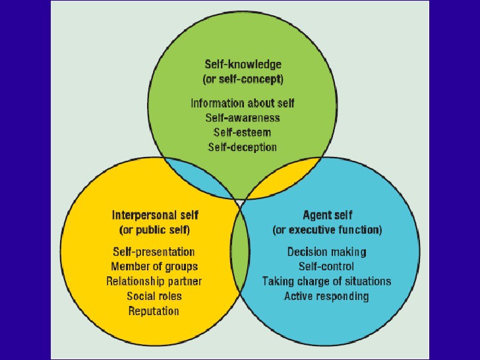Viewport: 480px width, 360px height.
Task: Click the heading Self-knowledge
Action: click(243, 65)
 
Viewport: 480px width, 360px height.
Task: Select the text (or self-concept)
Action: click(243, 79)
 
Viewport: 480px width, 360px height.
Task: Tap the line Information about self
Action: click(243, 103)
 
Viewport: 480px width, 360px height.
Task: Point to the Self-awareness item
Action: click(243, 118)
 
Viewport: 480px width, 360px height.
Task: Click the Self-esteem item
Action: click(242, 133)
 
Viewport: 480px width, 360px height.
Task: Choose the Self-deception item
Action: click(243, 147)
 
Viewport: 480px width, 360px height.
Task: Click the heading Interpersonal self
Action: click(155, 215)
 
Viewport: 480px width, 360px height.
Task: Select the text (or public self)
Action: click(154, 230)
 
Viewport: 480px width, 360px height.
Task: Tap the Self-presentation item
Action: click(154, 252)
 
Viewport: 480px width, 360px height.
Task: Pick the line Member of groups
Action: click(154, 266)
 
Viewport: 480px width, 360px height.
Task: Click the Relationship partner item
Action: click(154, 282)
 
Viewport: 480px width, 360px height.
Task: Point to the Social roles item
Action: click(154, 296)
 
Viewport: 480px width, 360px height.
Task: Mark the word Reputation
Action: click(154, 311)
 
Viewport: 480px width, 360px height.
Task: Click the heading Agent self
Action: click(328, 215)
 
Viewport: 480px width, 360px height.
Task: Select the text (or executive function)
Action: click(327, 230)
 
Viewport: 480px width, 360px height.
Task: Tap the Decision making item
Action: click(326, 252)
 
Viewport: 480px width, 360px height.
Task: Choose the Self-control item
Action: click(326, 266)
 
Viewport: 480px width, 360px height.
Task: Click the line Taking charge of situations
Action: click(326, 282)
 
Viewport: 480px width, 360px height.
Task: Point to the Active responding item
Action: click(326, 296)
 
